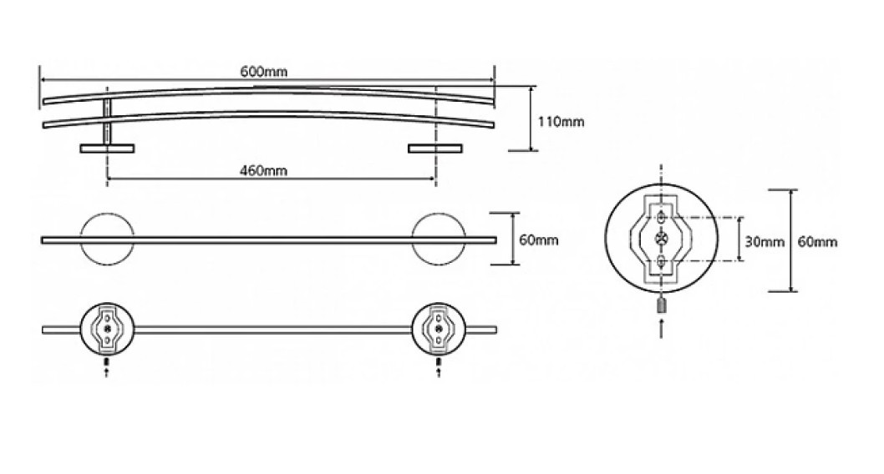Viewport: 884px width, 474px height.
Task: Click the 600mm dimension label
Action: point(264,72)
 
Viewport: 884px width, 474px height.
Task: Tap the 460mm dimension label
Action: point(263,170)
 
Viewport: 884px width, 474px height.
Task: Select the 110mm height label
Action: point(561,122)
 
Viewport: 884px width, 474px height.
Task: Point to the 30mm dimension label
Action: point(765,242)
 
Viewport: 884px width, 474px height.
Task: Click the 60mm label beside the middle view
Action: point(539,240)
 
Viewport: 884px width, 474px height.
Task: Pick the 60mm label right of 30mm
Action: point(817,242)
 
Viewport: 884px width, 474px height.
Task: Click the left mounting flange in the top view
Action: point(107,149)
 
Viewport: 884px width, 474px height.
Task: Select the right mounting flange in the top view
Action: point(435,149)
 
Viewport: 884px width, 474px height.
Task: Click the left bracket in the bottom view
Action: point(107,330)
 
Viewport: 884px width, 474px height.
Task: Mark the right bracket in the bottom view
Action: point(439,330)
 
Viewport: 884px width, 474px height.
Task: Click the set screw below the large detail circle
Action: point(661,306)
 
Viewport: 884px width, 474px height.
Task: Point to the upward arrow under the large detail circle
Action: point(661,328)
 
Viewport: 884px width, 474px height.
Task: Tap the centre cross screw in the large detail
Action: point(661,239)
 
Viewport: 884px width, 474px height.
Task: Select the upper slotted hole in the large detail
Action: point(661,218)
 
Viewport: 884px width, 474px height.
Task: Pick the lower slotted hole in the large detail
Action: point(661,260)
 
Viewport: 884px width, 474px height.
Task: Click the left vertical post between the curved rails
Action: point(107,122)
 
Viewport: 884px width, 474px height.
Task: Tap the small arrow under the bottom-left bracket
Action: point(107,373)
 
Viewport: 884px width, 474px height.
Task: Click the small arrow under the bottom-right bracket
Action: point(439,373)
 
